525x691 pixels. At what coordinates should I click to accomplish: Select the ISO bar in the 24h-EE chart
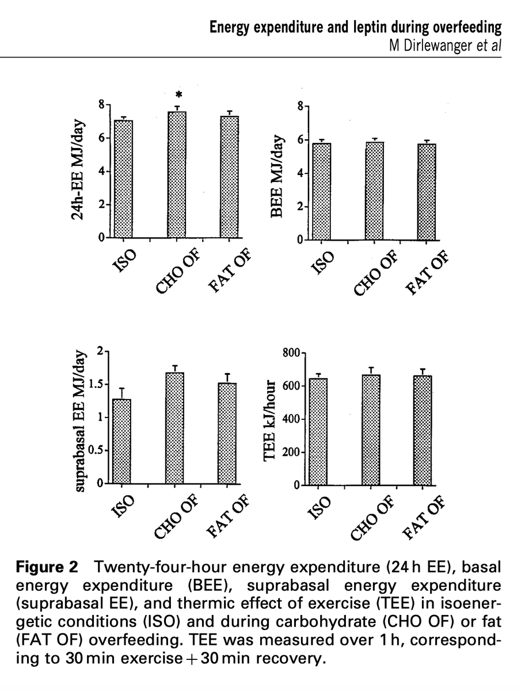point(123,179)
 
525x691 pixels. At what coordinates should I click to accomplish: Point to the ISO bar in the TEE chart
point(318,432)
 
